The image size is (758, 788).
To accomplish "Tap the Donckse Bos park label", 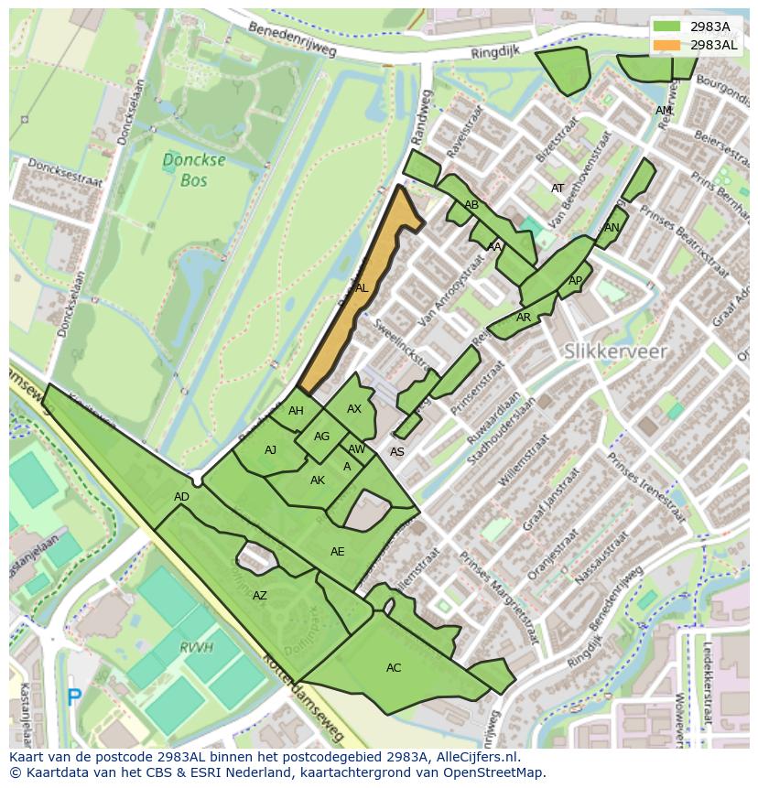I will click(x=182, y=170).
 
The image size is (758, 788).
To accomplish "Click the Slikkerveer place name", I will click(x=615, y=351).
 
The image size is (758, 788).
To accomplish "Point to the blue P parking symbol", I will click(x=74, y=697).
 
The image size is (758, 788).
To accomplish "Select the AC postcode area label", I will click(x=394, y=668).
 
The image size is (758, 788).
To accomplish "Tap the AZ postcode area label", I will click(x=260, y=596).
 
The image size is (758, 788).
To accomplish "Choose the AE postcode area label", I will click(x=338, y=552).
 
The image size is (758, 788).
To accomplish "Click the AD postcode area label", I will click(x=181, y=497).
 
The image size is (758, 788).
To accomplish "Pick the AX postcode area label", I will click(x=354, y=409).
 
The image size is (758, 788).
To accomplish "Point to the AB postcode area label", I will click(x=471, y=205).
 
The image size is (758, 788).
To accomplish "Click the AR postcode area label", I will click(x=524, y=318).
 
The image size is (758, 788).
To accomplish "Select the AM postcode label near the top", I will click(x=664, y=111).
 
